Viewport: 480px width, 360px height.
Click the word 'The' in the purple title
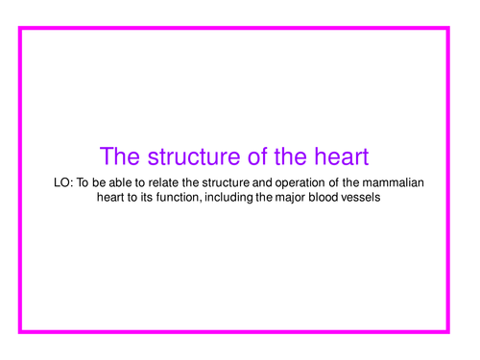[x=120, y=156]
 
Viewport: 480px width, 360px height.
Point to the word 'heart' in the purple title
[x=340, y=156]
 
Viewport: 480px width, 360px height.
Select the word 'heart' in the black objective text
[x=114, y=198]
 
